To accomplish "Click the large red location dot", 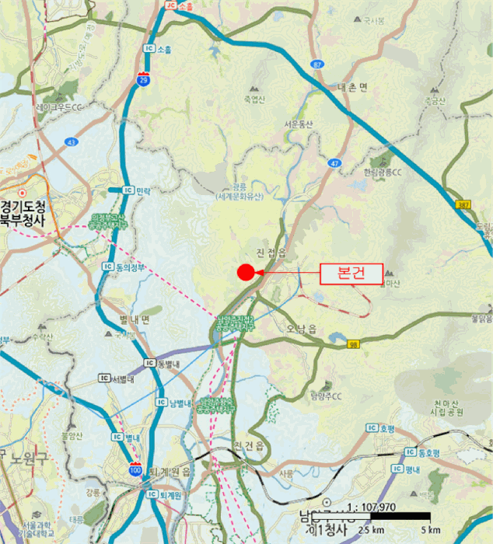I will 246,272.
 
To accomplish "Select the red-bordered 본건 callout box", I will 351,274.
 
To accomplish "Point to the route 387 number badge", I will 463,204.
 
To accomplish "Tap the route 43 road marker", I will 72,142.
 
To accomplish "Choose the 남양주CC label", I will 326,396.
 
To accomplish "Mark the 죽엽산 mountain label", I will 254,99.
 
